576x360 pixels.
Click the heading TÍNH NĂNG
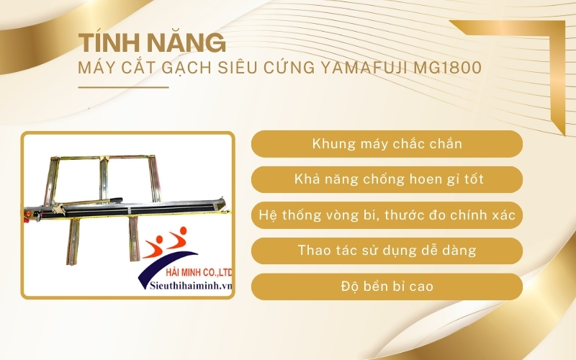tap(148, 42)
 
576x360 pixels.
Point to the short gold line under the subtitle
tap(122, 87)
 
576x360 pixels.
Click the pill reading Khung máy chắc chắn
tap(387, 144)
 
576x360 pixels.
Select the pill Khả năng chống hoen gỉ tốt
tap(387, 179)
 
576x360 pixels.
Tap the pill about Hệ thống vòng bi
tap(387, 215)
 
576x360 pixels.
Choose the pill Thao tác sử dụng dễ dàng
tap(387, 251)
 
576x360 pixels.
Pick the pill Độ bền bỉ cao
tap(387, 287)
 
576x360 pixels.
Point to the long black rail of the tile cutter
tap(144, 204)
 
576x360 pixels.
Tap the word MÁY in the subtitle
tap(95, 68)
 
